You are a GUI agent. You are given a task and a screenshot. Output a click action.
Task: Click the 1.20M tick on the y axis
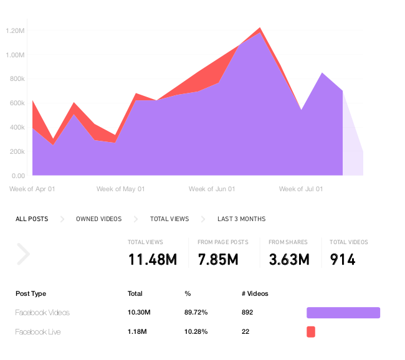pos(14,31)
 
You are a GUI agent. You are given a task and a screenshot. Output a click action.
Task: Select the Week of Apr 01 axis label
pos(32,189)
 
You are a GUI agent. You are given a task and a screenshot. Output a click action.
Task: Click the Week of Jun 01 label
pos(212,189)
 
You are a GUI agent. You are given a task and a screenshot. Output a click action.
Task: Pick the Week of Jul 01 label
pos(302,189)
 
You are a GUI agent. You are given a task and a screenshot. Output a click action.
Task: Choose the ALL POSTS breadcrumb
pos(32,219)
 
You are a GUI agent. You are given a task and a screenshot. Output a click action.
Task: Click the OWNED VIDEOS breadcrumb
pos(98,219)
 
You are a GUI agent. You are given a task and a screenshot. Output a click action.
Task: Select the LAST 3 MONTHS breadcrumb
pos(241,219)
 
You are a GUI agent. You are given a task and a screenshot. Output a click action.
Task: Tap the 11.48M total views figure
pos(153,259)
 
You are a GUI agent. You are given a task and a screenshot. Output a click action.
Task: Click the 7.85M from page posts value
pos(218,259)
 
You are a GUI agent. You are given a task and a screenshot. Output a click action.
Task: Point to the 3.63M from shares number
pos(288,259)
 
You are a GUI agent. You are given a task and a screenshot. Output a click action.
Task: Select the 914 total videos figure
pos(342,259)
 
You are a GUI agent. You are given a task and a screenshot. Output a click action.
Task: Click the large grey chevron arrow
pos(24,254)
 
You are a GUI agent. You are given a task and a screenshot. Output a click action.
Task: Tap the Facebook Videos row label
pos(42,313)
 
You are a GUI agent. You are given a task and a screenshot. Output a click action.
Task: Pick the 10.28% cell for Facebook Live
pos(196,332)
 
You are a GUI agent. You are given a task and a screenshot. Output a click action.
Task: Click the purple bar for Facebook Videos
pos(343,313)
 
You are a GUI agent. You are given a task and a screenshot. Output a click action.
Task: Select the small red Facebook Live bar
pos(311,332)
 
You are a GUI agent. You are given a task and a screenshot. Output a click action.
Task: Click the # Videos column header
pos(255,293)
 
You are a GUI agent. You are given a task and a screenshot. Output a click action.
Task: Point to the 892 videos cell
pos(247,313)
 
